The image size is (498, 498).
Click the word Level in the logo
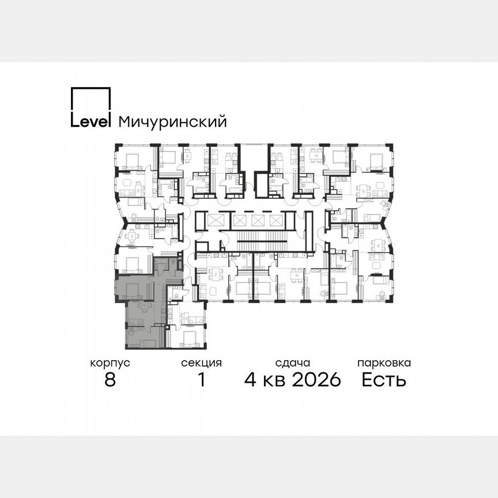[x=90, y=122]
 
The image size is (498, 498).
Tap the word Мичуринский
[x=172, y=122]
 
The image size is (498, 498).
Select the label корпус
[x=110, y=363]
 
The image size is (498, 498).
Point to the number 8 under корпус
[x=110, y=380]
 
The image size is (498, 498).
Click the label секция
[x=201, y=363]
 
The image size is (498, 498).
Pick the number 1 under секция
[x=201, y=380]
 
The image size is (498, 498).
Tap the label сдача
[x=293, y=363]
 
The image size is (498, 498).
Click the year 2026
[x=316, y=380]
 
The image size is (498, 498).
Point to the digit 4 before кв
[x=250, y=380]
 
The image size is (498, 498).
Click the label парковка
[x=384, y=363]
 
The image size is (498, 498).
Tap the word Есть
[x=384, y=380]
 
